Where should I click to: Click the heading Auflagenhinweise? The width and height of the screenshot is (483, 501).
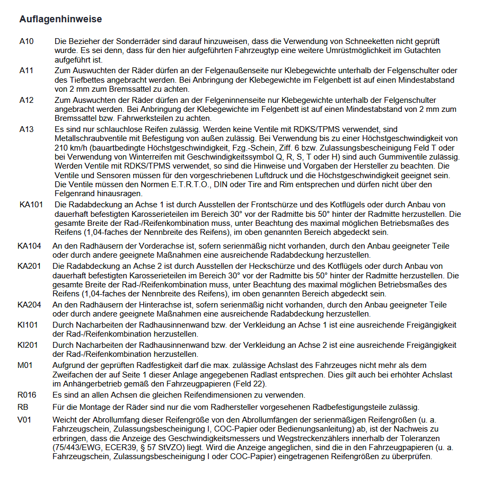[x=60, y=19]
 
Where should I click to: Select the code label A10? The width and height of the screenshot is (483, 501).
[x=26, y=41]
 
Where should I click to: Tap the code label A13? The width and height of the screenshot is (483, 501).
[x=26, y=129]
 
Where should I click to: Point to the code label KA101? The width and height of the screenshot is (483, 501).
[x=31, y=205]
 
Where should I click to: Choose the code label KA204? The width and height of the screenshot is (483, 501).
[x=29, y=305]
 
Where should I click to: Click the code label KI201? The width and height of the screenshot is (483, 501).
[x=28, y=345]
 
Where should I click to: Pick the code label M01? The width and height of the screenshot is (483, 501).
[x=24, y=365]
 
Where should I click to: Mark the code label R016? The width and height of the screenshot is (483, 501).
[x=26, y=395]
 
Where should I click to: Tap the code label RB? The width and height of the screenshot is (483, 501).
[x=23, y=407]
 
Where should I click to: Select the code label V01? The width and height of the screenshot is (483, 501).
[x=24, y=419]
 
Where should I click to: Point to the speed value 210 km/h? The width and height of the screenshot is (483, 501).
[x=71, y=148]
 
